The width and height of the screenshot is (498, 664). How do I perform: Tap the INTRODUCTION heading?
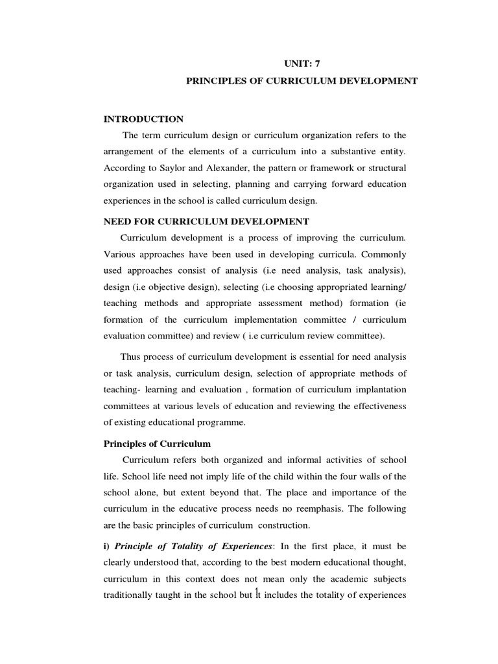(143, 119)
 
